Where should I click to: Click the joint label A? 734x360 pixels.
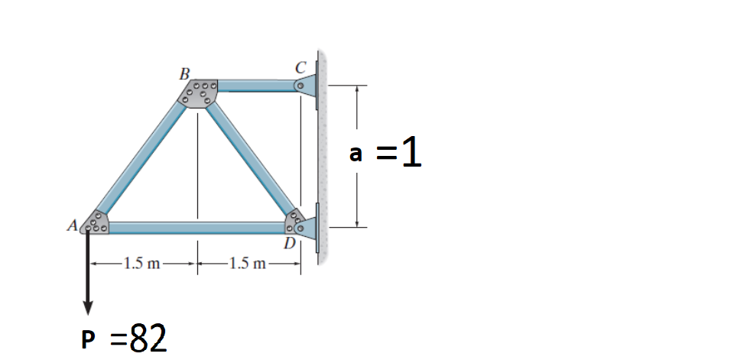point(72,225)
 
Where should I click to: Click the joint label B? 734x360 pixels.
point(185,74)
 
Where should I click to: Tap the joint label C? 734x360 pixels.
point(300,68)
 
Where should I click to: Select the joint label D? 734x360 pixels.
point(290,243)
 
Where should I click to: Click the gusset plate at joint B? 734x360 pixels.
point(198,92)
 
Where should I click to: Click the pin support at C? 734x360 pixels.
point(306,86)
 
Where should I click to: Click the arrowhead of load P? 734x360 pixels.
point(87,308)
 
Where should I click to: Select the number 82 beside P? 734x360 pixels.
point(148,339)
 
